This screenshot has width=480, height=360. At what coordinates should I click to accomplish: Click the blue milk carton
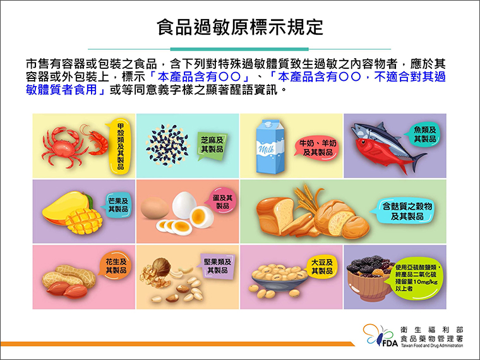[x=270, y=147]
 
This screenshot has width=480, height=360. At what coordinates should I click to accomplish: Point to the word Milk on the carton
[x=266, y=150]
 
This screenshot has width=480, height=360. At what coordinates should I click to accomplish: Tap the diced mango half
[x=83, y=221]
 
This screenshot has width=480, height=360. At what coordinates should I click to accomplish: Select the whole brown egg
[x=155, y=208]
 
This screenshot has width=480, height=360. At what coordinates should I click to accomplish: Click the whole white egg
[x=184, y=205]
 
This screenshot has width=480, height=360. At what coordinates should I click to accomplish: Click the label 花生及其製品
[x=116, y=266]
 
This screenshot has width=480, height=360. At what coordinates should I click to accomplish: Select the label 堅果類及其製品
[x=218, y=266]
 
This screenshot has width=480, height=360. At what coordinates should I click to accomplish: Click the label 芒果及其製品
[x=118, y=205]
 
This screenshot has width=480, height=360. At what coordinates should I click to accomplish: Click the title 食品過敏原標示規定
[x=240, y=27]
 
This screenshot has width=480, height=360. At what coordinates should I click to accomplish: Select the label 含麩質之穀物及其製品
[x=407, y=211]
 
